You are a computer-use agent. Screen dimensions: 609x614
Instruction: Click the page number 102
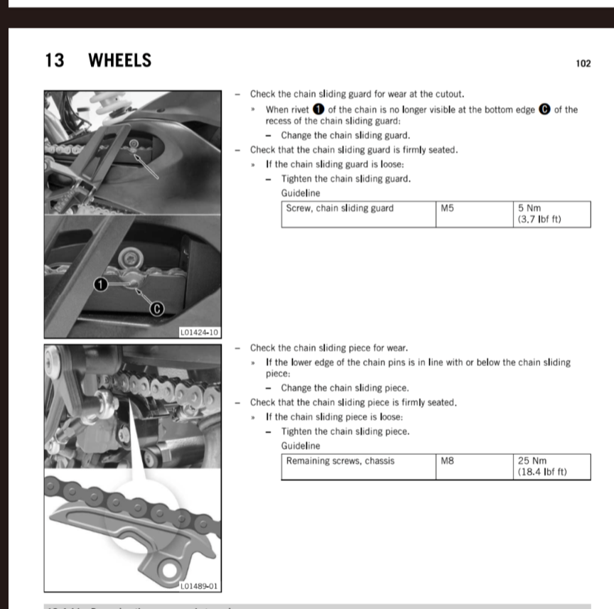(583, 63)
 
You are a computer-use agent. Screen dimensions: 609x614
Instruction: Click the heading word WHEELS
(119, 61)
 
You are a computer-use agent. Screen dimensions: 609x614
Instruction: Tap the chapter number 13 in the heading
(54, 61)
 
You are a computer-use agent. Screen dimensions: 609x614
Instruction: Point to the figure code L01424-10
(200, 333)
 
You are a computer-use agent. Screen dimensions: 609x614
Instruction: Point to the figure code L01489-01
(200, 587)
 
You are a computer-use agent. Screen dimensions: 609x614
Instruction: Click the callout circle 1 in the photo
(101, 284)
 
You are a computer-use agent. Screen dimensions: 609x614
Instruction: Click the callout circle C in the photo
(158, 308)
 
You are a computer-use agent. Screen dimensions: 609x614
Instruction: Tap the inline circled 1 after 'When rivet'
(318, 109)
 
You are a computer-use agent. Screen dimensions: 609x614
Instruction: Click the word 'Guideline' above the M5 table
(301, 193)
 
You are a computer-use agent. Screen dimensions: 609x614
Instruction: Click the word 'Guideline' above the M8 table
(301, 446)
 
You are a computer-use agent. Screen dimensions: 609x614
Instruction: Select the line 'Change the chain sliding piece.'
(345, 388)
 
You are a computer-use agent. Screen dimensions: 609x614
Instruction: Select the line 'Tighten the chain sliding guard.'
(345, 179)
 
